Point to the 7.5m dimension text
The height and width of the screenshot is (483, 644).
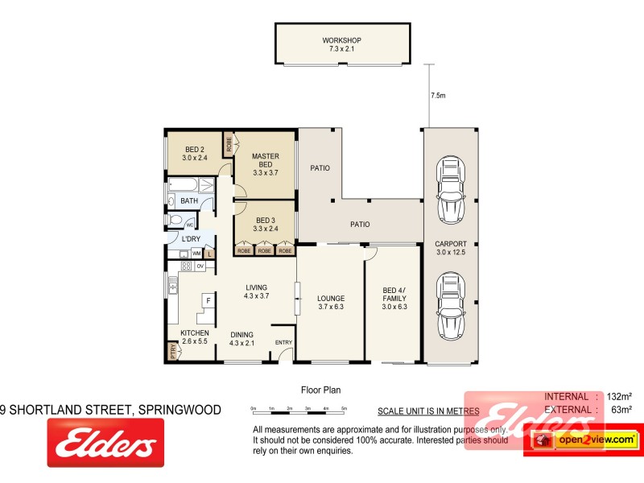[438, 95]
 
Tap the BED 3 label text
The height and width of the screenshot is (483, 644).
[265, 225]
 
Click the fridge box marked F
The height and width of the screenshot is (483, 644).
[208, 301]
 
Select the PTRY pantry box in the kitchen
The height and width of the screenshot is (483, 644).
[172, 351]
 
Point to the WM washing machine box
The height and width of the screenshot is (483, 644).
[196, 254]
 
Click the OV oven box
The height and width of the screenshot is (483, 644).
[200, 266]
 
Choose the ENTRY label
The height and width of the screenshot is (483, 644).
[283, 343]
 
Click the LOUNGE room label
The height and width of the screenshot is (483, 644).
[331, 301]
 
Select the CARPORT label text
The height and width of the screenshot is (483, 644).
[452, 248]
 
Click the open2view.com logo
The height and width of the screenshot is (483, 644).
[581, 440]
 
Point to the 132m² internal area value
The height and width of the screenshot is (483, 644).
[617, 396]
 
